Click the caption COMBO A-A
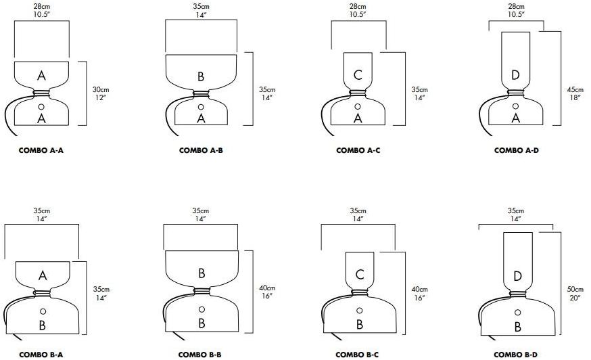click(x=41, y=150)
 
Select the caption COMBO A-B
click(x=200, y=150)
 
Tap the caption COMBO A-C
click(x=358, y=150)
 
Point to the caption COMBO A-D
click(x=516, y=150)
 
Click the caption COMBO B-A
click(x=41, y=354)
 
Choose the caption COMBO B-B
click(x=200, y=354)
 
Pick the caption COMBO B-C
click(x=358, y=354)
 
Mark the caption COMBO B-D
click(x=516, y=354)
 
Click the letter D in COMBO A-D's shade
click(x=515, y=75)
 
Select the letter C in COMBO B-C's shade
click(x=359, y=274)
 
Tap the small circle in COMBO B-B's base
click(x=201, y=309)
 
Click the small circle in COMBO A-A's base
click(x=42, y=107)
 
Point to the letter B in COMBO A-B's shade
click(x=201, y=76)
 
